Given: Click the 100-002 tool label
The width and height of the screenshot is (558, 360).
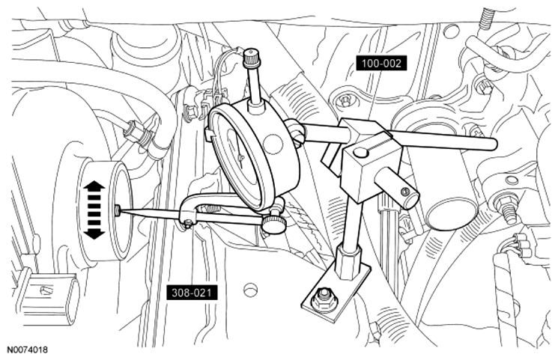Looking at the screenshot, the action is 380,64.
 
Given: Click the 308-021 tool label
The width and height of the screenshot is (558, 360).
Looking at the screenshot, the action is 192,293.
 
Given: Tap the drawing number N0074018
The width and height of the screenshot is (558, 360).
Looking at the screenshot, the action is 27,350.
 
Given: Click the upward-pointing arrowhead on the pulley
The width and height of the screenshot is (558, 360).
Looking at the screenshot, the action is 94,186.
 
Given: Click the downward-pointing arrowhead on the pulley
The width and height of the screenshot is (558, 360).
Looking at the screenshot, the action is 94,233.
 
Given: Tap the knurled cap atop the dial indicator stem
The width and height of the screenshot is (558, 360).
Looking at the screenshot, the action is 252,57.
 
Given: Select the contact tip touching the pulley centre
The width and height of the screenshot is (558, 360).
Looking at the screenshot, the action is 119,211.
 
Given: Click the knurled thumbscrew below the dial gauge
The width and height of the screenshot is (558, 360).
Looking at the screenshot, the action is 274,223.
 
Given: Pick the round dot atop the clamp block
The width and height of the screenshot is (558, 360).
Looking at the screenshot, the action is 361,153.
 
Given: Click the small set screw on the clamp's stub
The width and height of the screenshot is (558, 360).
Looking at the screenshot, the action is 403,192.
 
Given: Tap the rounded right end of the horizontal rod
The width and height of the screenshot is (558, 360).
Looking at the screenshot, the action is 493,144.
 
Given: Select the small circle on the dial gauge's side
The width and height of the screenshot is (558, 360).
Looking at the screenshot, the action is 273,144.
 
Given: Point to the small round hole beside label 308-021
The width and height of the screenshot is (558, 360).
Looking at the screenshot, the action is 251,289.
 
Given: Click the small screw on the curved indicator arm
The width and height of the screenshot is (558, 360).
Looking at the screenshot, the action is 188,223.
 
